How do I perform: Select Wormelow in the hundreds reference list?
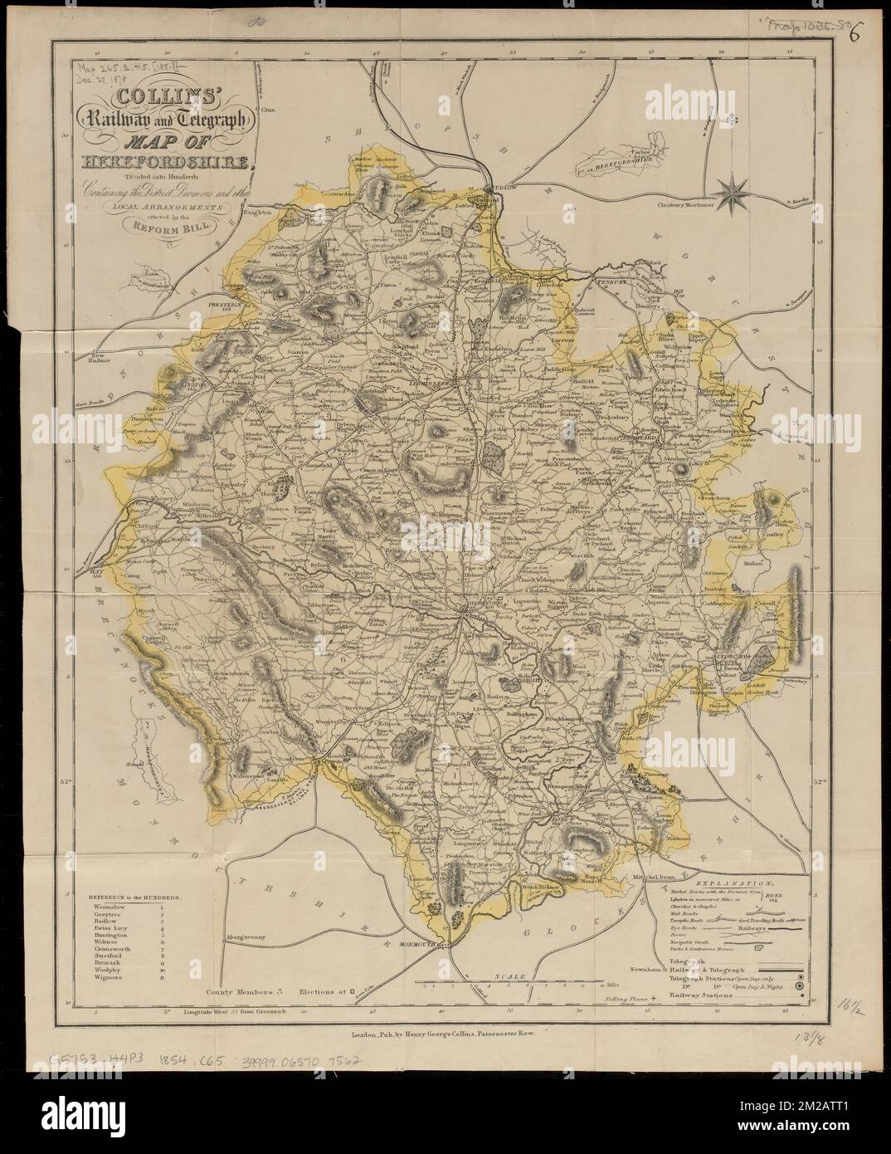101,911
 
